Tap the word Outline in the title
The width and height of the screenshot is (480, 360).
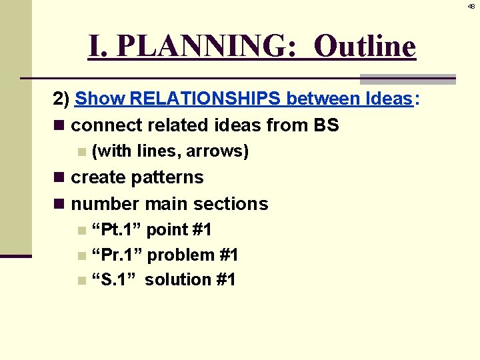coord(365,46)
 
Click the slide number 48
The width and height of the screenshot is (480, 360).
coord(471,6)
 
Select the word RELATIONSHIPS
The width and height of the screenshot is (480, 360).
coord(205,99)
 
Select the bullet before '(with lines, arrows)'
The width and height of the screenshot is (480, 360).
coord(81,152)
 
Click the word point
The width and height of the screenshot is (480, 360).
coord(167,231)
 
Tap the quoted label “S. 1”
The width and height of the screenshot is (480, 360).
coord(115,279)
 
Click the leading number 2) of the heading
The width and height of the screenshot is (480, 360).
coord(61,99)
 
